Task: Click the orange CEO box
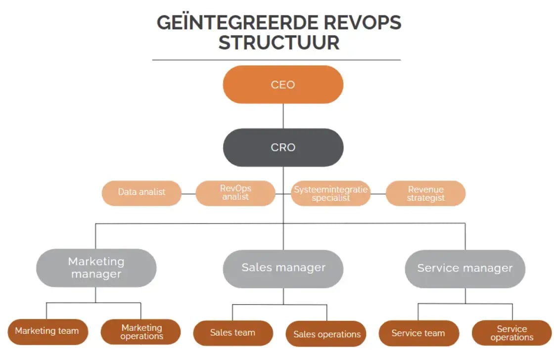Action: point(283,85)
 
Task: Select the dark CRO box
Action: point(283,147)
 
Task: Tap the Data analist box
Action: point(141,192)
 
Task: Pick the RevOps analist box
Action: point(235,193)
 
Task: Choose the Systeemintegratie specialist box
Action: point(330,193)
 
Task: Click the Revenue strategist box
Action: point(425,193)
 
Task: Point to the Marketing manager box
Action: point(96,268)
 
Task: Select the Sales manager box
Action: point(283,268)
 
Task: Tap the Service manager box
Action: point(465,269)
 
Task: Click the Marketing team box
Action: point(47,331)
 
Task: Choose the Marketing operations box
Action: point(141,332)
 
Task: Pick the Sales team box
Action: point(233,333)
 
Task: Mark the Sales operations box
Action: point(326,334)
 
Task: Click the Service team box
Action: point(418,333)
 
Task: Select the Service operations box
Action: point(512,333)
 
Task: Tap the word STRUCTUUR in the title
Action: point(279,43)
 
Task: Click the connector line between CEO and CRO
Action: point(283,116)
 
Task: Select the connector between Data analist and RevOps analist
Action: point(188,194)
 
